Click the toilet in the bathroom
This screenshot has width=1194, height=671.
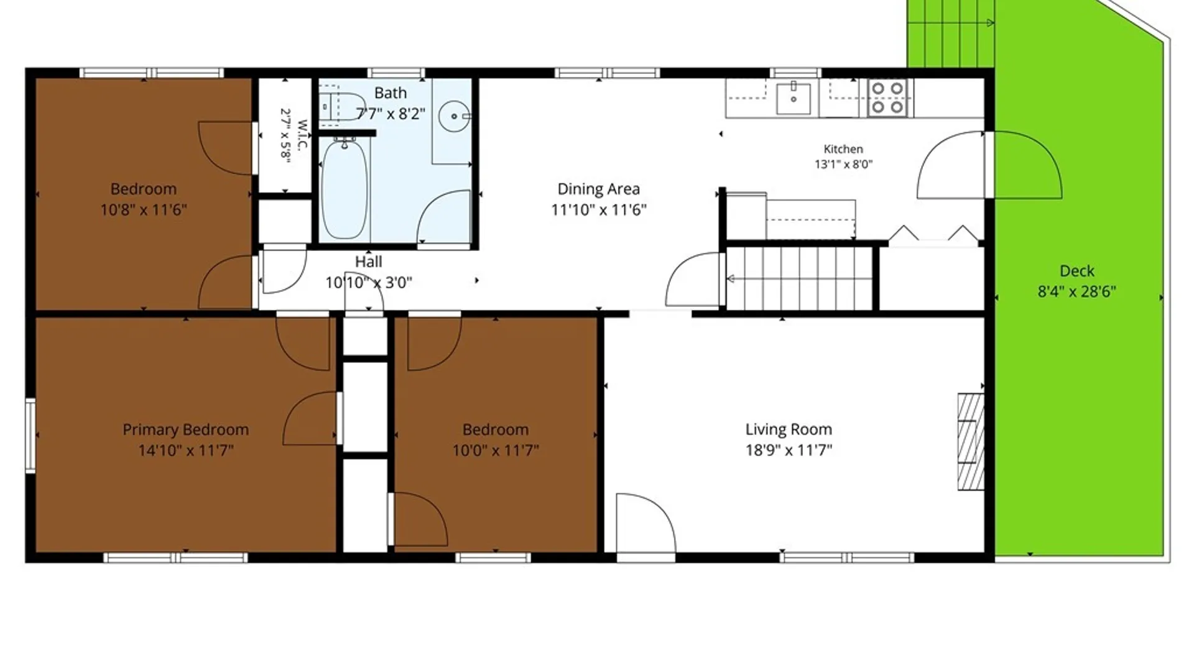[x=342, y=106]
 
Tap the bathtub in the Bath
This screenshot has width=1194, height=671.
[x=345, y=189]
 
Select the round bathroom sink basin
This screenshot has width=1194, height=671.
[x=454, y=116]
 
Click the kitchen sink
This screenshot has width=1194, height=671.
[x=794, y=98]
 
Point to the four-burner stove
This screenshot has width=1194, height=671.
[x=887, y=98]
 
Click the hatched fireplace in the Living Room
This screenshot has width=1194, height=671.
[x=971, y=441]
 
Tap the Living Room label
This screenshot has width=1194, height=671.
[x=789, y=429]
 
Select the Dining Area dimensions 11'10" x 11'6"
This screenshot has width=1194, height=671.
[x=599, y=210]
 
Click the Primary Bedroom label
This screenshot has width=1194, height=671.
[x=185, y=429]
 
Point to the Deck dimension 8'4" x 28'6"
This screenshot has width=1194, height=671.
[x=1077, y=291]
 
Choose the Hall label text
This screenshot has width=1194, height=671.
[x=368, y=262]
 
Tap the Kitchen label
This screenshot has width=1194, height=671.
[x=843, y=149]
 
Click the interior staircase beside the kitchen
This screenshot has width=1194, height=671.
[x=800, y=278]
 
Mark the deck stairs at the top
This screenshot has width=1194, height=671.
[x=950, y=34]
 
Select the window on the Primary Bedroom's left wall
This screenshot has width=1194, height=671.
[x=30, y=436]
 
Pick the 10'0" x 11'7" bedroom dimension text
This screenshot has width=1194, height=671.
[x=496, y=450]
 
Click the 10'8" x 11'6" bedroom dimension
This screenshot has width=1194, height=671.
[x=144, y=210]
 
